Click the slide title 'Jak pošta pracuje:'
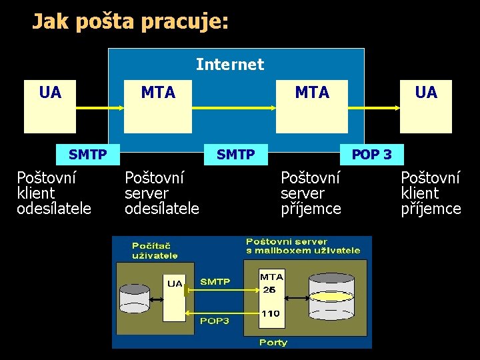point(131,22)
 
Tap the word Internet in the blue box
point(230,65)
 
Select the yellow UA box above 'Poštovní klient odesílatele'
point(51,107)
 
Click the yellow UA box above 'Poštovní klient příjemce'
point(425,107)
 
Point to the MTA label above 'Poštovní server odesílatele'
point(158,93)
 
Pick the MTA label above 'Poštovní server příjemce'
point(312,93)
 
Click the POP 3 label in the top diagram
point(371,155)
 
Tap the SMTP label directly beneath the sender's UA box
point(87,155)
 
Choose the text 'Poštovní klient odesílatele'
point(54,193)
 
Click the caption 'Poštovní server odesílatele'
point(162,193)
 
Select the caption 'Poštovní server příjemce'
point(311,193)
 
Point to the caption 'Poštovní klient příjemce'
point(431,193)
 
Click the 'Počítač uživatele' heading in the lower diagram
point(155,250)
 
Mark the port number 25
point(269,289)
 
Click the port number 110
point(270,313)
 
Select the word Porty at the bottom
point(273,342)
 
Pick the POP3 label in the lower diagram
point(215,321)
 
